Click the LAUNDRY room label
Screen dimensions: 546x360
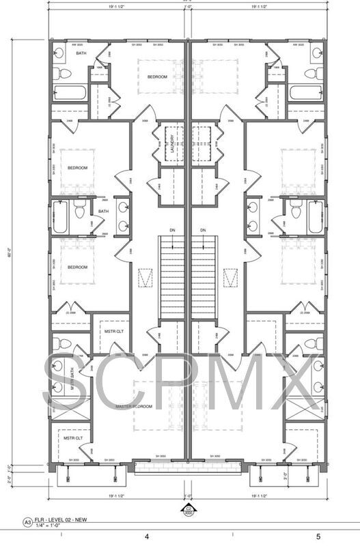pos(171,141)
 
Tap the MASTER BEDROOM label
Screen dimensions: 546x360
pos(133,406)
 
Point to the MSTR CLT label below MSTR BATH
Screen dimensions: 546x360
pos(73,437)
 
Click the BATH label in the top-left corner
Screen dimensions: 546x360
pos(81,53)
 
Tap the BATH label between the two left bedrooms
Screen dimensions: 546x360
pos(103,211)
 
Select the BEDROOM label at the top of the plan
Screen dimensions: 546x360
pos(157,76)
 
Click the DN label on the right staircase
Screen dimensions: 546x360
pos(203,231)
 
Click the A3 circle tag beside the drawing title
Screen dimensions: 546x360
pos(28,522)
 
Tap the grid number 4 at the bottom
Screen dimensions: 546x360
pos(146,537)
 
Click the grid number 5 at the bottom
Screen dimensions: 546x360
pos(318,537)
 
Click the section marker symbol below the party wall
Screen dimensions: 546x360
pos(189,508)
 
